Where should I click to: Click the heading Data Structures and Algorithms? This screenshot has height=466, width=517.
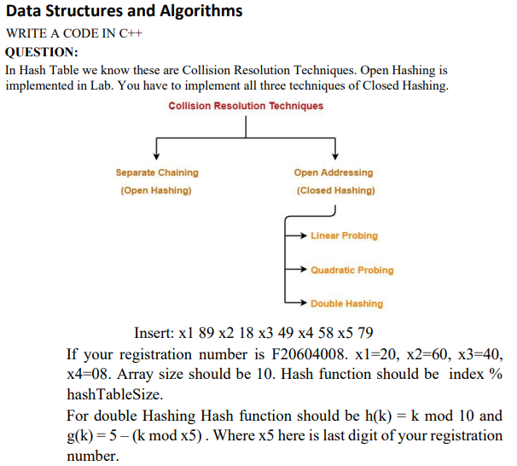(x=125, y=11)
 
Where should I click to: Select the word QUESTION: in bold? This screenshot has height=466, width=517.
(x=42, y=52)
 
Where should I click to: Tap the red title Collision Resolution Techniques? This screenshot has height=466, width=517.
(x=246, y=106)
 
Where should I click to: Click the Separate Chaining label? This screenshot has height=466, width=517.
(x=157, y=172)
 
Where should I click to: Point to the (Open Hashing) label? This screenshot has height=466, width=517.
(x=156, y=190)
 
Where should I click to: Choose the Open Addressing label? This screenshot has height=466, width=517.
(x=335, y=172)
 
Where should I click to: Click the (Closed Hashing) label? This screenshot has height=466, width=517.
(x=335, y=190)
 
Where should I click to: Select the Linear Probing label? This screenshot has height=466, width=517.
(x=344, y=236)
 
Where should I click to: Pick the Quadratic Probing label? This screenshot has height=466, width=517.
(x=351, y=270)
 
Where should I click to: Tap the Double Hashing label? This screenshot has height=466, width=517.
(x=346, y=304)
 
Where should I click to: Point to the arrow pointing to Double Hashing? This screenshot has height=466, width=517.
(x=296, y=303)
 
